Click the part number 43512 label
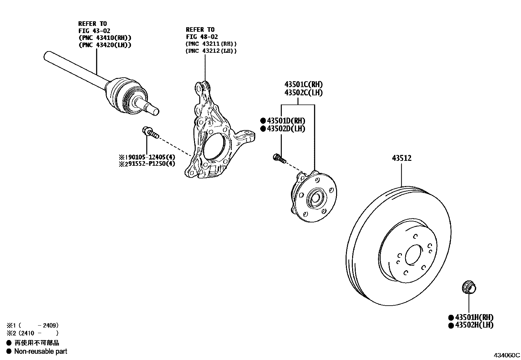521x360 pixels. (x=402, y=159)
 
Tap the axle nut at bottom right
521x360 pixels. (x=469, y=288)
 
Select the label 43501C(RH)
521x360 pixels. (x=303, y=85)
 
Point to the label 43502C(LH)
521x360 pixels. (x=303, y=93)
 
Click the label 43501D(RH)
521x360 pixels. (x=286, y=121)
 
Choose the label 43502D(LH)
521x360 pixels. (x=286, y=129)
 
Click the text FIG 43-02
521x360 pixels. (x=94, y=31)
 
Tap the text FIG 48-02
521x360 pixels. (x=202, y=37)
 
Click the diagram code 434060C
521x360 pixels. (x=507, y=355)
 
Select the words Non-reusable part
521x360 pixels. (x=41, y=351)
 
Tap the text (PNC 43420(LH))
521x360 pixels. (x=105, y=45)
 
